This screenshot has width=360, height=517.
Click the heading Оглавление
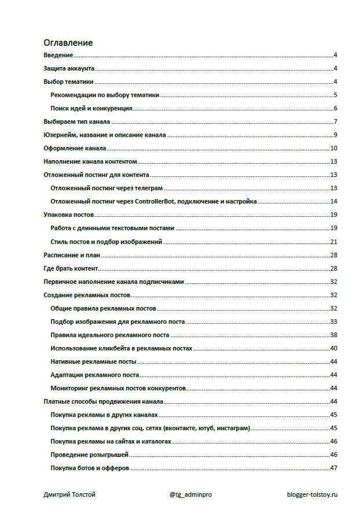pos(68,43)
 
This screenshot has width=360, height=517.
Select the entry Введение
pos(58,56)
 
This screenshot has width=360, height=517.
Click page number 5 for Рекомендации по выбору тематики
pos(335,95)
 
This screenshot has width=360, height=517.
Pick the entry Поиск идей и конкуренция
pos(92,109)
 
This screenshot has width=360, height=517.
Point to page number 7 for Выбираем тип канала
pos(335,122)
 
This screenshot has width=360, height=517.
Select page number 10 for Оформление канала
pos(333,149)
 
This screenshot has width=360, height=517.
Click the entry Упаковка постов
pos(69,215)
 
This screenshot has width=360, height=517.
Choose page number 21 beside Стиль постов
pos(333,242)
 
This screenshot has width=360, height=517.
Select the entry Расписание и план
pos(73,255)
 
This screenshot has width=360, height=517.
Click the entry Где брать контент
pos(71,268)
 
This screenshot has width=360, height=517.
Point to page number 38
pos(333,335)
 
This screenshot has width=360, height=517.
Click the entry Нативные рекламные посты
pos(93,361)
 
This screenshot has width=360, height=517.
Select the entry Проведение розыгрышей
pos(89,455)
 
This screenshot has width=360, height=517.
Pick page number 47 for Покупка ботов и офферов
pos(333,468)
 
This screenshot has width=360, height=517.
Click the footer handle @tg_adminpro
pos(190,496)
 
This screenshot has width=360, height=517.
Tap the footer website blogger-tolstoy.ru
pos(311,496)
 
